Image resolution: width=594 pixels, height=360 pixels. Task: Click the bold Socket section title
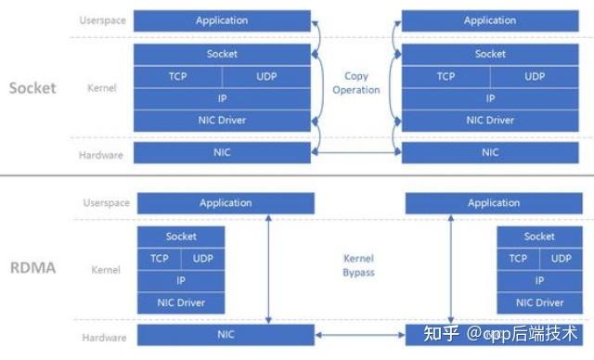point(32,88)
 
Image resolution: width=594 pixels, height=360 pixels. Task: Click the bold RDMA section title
point(32,269)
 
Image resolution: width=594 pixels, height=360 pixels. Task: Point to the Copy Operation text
point(356,84)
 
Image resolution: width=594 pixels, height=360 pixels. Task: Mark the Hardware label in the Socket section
point(101,155)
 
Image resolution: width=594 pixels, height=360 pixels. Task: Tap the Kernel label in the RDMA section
point(106,270)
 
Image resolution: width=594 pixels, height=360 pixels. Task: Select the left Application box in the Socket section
point(222,20)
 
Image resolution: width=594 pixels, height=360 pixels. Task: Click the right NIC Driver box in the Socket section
point(489,120)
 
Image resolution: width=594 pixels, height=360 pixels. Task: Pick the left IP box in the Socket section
point(222,97)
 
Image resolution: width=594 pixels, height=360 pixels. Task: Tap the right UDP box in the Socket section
point(535,76)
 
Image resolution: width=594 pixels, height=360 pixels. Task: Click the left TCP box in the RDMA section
point(160,259)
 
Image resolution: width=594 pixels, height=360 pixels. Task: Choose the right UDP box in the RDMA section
point(561,259)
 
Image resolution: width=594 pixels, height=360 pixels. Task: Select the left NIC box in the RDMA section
point(226,333)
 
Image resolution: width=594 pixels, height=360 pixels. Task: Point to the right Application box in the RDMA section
point(494,203)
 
